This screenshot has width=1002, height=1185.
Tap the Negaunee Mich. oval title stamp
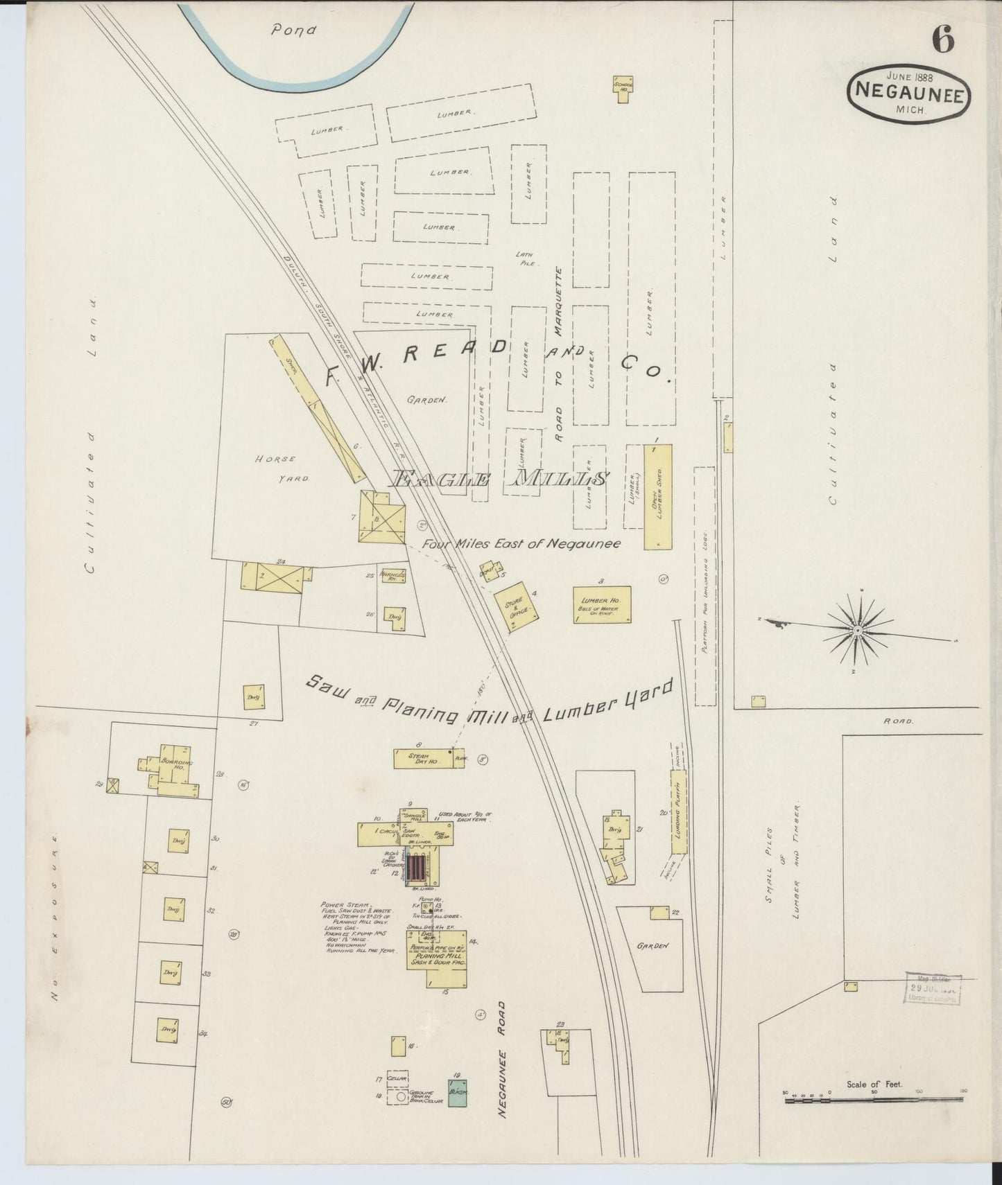(x=908, y=93)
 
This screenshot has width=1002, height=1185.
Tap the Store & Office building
(x=517, y=610)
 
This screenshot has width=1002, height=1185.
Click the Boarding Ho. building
(x=170, y=768)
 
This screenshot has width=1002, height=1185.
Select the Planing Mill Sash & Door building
(x=437, y=957)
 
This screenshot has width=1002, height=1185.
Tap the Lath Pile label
(x=526, y=259)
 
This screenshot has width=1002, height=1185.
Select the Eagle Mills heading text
(x=499, y=479)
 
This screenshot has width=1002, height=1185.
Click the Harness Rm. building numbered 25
(x=392, y=577)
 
